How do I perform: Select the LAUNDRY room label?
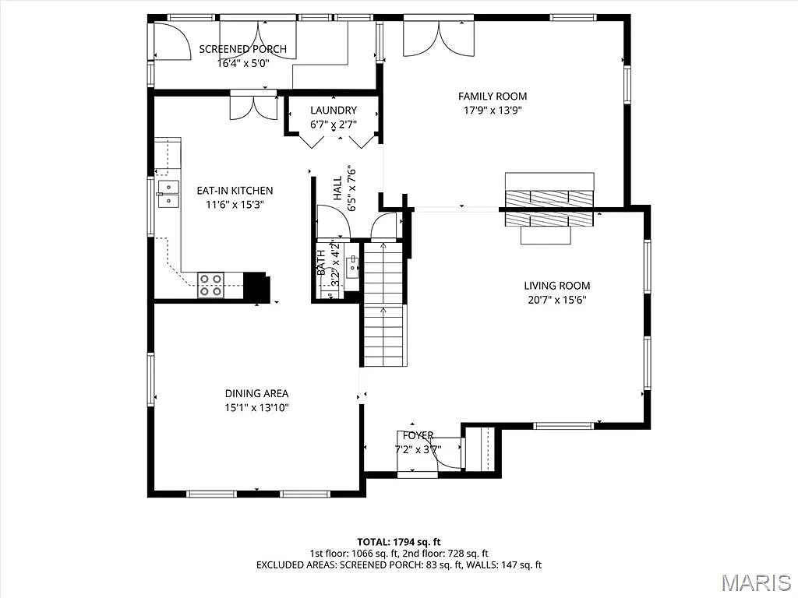click(x=333, y=111)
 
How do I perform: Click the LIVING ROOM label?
click(x=556, y=286)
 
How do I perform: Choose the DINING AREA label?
click(x=256, y=393)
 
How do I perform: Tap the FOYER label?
click(x=418, y=435)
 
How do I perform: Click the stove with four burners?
click(x=210, y=285)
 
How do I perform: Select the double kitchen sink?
click(x=168, y=194)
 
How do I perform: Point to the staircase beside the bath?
click(x=384, y=304)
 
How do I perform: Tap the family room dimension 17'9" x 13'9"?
click(x=493, y=111)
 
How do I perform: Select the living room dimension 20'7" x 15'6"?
click(x=556, y=300)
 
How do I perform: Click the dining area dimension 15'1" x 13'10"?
click(x=256, y=407)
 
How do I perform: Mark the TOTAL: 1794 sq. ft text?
click(x=398, y=541)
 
